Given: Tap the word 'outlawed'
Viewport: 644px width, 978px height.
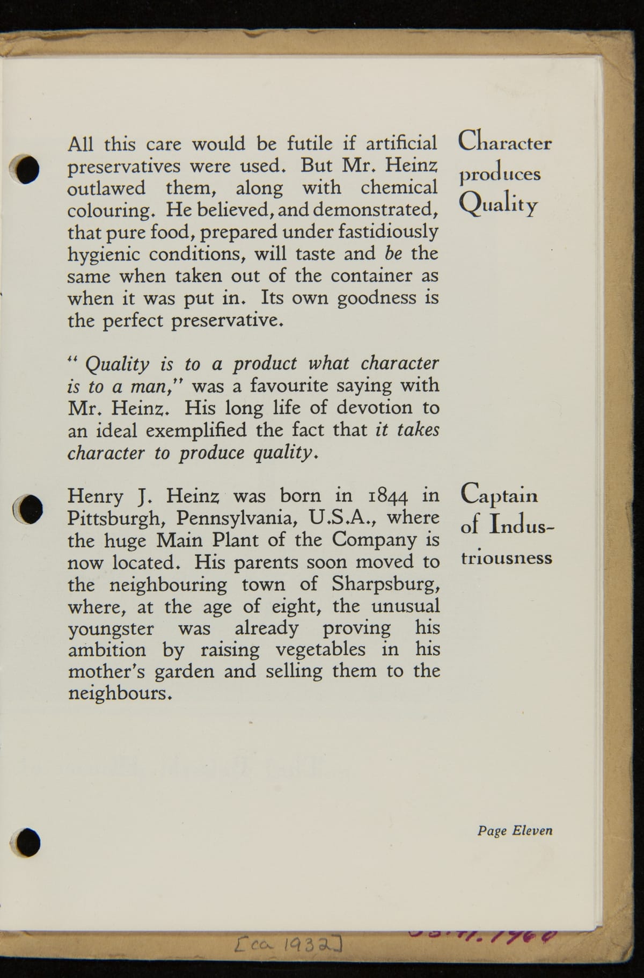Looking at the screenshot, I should pyautogui.click(x=106, y=188).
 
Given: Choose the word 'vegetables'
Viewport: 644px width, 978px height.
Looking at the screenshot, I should pyautogui.click(x=321, y=650).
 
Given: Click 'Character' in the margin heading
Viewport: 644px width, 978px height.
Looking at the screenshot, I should pyautogui.click(x=504, y=142).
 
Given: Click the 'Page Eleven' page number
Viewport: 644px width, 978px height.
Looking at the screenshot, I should pyautogui.click(x=515, y=831).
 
